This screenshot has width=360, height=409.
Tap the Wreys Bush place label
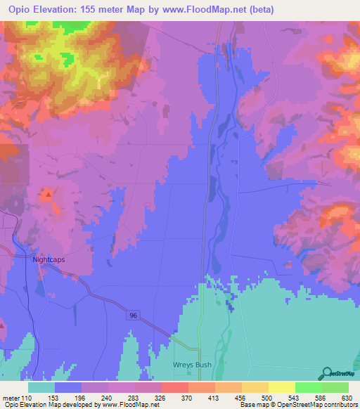coord(192,365)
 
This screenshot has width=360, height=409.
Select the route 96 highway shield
coord(134,316)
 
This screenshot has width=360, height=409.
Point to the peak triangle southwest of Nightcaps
coord(2,325)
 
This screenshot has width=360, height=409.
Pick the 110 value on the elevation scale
coord(25,397)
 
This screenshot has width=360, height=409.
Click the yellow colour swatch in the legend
coord(281,387)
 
